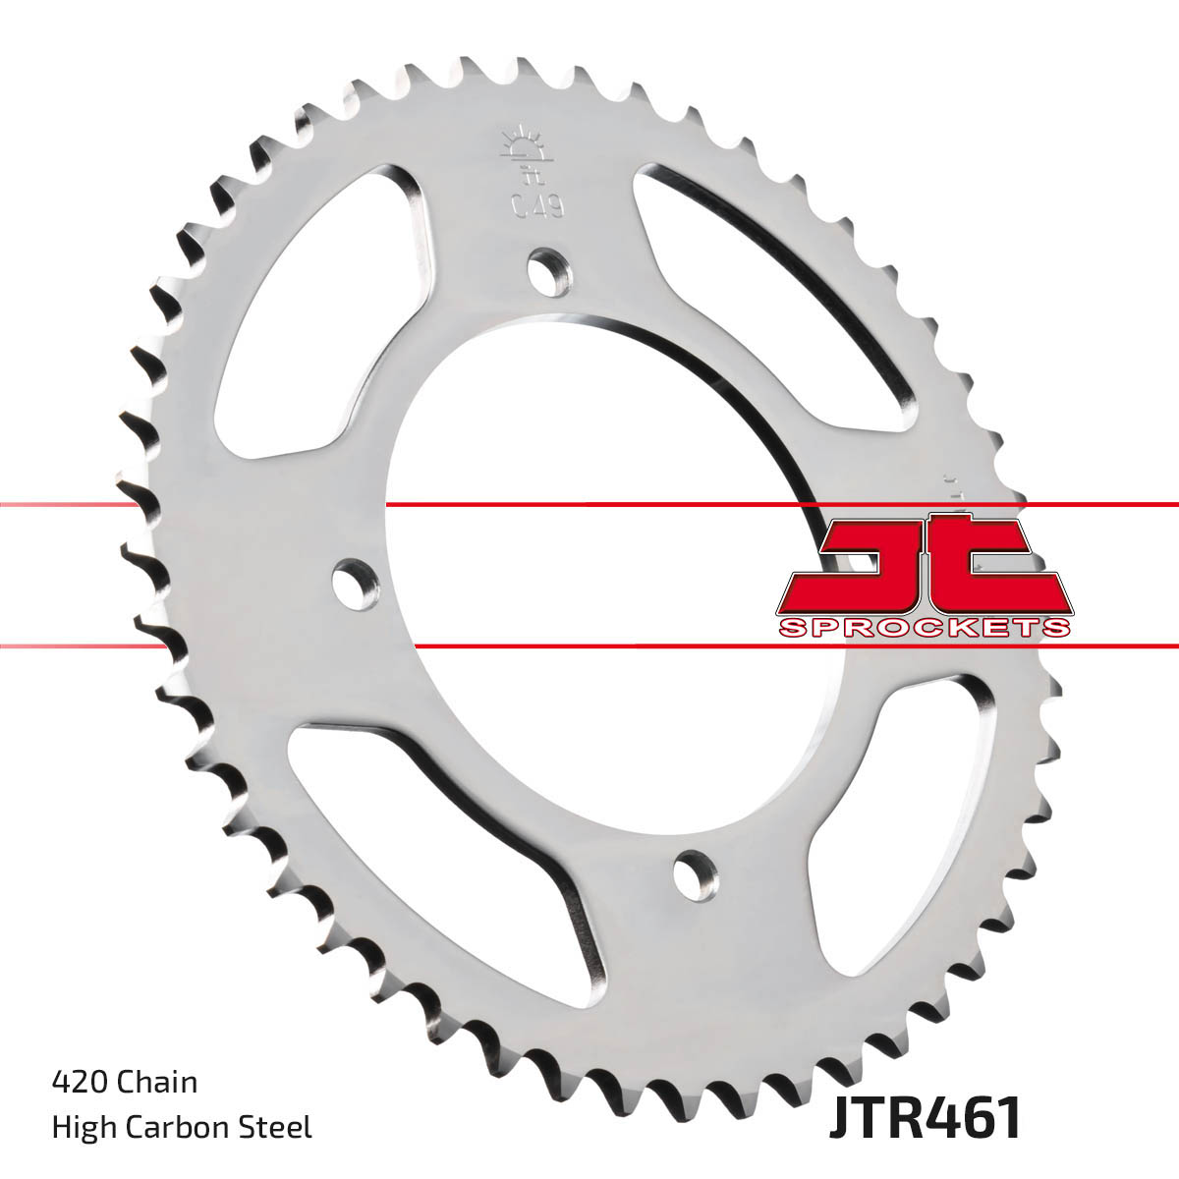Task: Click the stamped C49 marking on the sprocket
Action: [x=535, y=205]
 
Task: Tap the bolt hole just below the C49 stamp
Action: [x=549, y=269]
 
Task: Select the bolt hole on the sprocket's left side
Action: [x=355, y=584]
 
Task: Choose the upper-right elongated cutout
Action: [x=776, y=285]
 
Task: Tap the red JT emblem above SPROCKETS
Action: [x=924, y=565]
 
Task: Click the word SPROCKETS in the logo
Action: [x=924, y=628]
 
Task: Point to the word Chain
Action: [x=157, y=1082]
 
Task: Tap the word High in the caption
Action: [x=84, y=1127]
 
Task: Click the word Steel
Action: [x=280, y=1127]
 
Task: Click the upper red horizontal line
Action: [x=589, y=505]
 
